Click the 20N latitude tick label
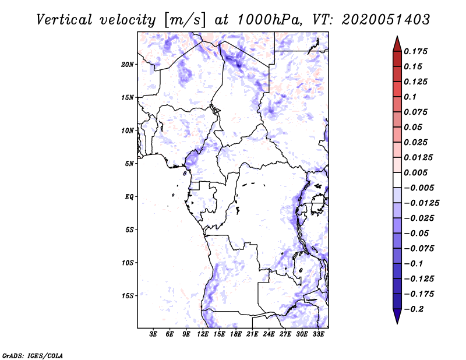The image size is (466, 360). tap(128, 64)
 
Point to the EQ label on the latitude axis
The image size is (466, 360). tap(129, 197)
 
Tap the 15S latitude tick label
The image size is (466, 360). tap(128, 296)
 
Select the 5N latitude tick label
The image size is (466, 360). tap(129, 164)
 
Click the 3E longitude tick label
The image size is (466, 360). tap(154, 334)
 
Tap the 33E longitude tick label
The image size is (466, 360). tap(319, 334)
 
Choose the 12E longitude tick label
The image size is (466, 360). tap(203, 334)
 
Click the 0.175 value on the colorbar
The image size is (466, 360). tap(416, 51)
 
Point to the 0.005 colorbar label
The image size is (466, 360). tap(416, 172)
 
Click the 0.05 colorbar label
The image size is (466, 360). tap(414, 127)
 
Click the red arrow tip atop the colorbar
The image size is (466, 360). tap(397, 40)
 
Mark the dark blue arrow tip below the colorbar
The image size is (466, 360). tap(397, 319)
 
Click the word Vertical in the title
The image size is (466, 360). tap(64, 19)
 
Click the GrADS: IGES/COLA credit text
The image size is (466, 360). tap(33, 355)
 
